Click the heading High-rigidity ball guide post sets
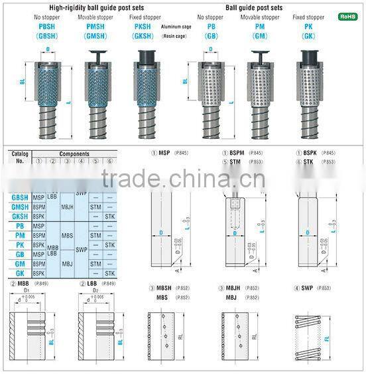click(x=92, y=8)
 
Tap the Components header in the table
click(x=74, y=153)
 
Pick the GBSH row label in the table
click(x=20, y=197)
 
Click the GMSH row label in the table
click(x=20, y=207)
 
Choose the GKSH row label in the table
click(x=20, y=216)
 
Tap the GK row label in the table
click(x=20, y=273)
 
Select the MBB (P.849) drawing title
click(x=29, y=284)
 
